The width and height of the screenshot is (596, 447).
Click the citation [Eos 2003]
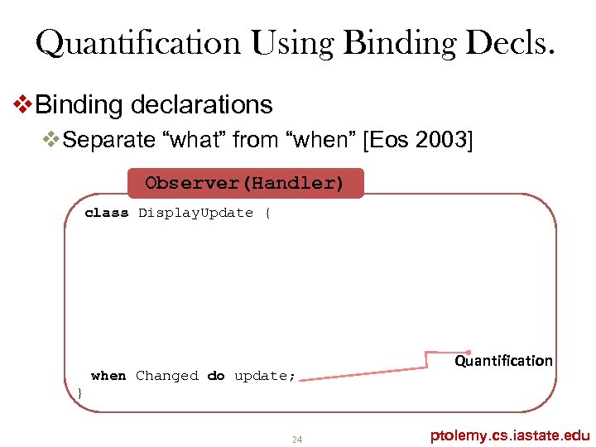tap(418, 140)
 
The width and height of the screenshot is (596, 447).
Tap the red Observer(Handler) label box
tap(244, 183)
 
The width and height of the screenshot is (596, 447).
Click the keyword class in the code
tap(107, 213)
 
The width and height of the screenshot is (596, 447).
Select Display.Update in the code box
tap(195, 213)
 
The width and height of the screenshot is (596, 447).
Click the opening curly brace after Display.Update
tap(267, 213)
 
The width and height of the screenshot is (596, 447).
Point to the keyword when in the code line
tap(108, 376)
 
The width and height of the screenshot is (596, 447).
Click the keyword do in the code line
tap(216, 376)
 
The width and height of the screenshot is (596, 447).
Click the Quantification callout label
tap(503, 361)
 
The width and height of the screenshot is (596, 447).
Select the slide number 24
tap(297, 439)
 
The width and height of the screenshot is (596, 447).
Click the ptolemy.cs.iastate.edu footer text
tap(510, 435)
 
